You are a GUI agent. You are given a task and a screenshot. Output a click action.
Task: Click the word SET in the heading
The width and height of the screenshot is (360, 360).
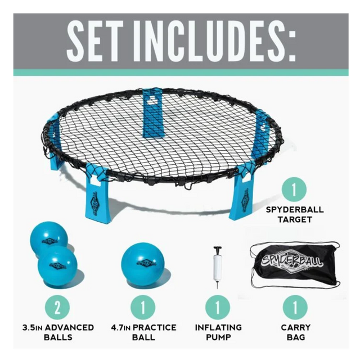[x=94, y=41]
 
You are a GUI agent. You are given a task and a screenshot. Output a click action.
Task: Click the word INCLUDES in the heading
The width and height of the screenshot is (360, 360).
[x=210, y=41]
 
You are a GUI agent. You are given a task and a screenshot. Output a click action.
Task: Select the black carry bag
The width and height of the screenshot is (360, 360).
[x=295, y=266]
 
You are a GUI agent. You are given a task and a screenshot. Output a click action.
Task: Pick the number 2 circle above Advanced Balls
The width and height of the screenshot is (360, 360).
[x=57, y=308]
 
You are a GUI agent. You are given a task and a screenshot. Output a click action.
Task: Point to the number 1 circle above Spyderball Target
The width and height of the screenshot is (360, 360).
[x=294, y=190]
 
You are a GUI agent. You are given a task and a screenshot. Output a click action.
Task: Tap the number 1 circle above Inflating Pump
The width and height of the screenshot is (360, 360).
[x=218, y=308]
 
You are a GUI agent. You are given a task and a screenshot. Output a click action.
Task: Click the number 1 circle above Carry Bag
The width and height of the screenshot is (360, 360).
[x=295, y=308]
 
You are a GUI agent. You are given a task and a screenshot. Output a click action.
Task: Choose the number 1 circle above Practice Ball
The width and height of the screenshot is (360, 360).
[x=143, y=308]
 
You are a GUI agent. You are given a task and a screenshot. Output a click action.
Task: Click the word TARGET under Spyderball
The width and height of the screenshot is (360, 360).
[x=295, y=219]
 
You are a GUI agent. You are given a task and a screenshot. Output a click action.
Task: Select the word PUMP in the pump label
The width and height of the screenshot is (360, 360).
[x=218, y=337]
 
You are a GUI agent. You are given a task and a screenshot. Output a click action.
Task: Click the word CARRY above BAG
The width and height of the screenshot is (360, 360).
[x=296, y=327]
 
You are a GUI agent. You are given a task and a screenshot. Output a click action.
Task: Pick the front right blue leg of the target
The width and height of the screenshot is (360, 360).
[x=242, y=195]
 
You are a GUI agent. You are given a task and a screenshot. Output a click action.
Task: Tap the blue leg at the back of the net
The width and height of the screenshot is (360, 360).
[x=152, y=113]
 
